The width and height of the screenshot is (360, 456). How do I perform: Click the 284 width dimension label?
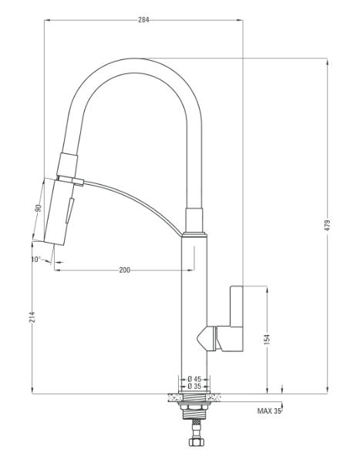(x=143, y=20)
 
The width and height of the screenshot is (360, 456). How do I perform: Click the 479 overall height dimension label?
(x=328, y=226)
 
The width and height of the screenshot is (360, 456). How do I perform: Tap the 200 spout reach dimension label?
(x=125, y=270)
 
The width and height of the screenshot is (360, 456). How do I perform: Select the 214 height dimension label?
(x=32, y=317)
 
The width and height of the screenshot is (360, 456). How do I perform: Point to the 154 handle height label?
(x=267, y=340)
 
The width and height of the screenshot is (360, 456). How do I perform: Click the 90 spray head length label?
(x=39, y=209)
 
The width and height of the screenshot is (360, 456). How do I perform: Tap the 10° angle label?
(x=36, y=259)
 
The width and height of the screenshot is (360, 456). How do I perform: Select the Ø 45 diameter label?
(x=194, y=379)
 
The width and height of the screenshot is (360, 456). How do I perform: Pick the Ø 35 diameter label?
(x=194, y=386)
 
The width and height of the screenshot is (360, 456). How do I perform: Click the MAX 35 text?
(x=269, y=411)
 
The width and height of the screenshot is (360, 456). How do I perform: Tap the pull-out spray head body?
(x=59, y=212)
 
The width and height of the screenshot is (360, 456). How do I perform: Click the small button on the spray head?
(x=70, y=210)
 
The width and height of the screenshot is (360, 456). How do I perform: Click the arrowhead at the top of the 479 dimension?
(x=328, y=62)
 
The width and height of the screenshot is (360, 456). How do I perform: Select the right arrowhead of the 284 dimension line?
(x=240, y=20)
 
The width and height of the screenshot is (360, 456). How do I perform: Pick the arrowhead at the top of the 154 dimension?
(x=267, y=290)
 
